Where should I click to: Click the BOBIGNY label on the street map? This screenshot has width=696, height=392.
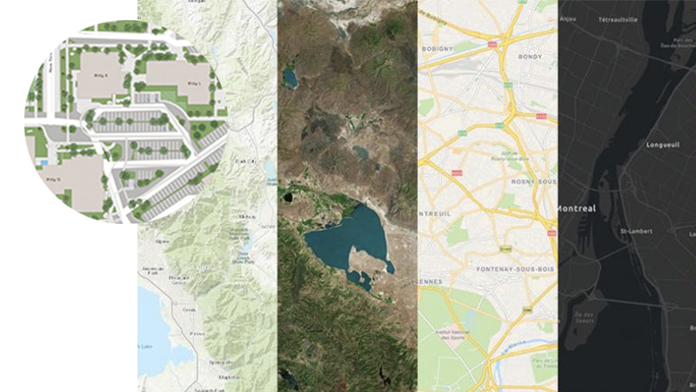click(x=441, y=50)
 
